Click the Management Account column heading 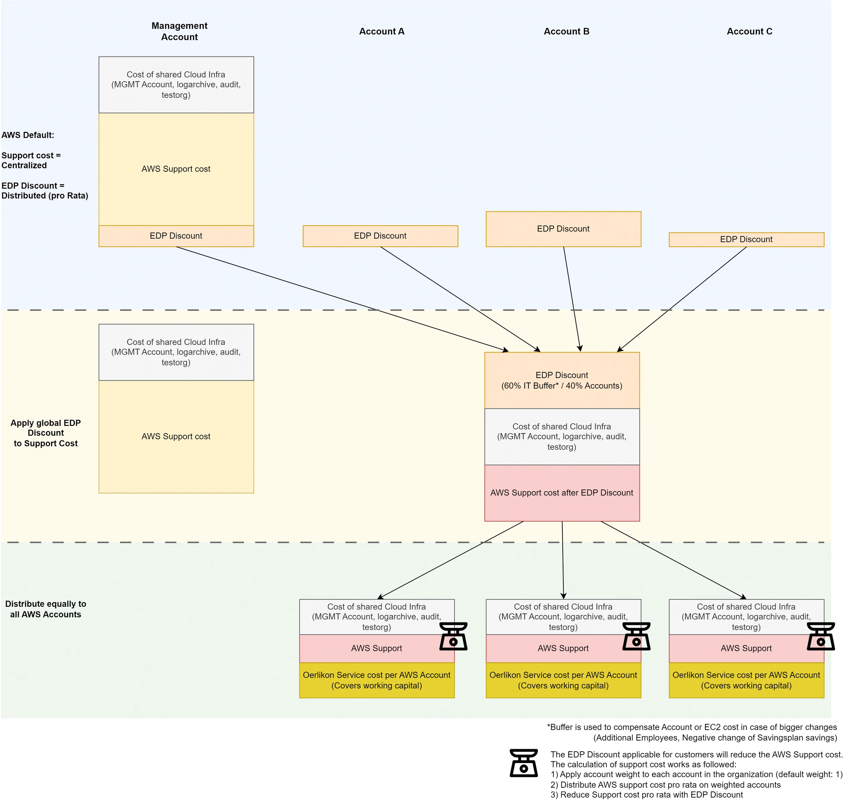point(179,31)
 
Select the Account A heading point(382,31)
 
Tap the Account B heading point(566,31)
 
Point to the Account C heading point(749,31)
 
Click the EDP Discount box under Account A point(380,236)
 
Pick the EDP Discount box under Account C point(746,239)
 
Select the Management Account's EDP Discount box point(176,236)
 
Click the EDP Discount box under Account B point(563,229)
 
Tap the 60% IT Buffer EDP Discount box point(562,380)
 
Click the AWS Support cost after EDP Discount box point(562,493)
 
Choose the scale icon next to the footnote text point(524,763)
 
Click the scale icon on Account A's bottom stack point(453,636)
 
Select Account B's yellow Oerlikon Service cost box point(563,680)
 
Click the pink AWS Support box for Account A point(377,648)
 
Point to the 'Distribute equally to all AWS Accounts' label point(46,609)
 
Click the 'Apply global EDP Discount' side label point(46,433)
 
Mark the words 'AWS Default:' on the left point(28,135)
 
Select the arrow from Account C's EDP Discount point(682,299)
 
